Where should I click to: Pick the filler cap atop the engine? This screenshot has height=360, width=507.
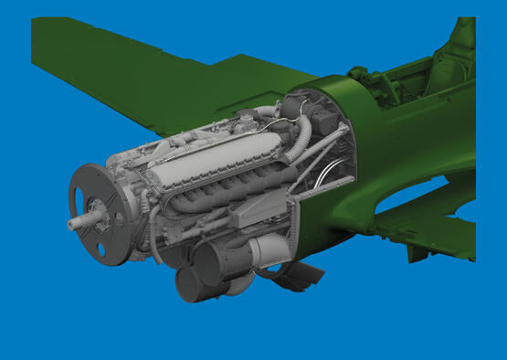click(245, 118)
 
